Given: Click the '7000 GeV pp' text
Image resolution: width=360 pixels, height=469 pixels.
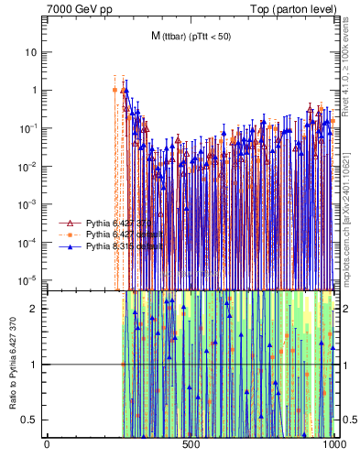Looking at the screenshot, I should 74,8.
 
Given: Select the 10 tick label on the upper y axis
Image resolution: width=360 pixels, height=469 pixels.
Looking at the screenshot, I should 31,52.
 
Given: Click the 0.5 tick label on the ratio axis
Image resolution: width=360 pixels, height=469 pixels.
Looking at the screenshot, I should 31,420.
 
